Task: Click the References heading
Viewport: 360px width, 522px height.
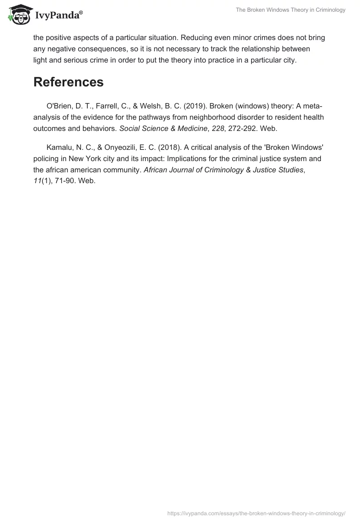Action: coord(68,82)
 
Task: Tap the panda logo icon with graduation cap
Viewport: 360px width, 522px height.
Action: coord(18,14)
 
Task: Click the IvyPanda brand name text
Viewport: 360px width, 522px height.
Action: coord(58,15)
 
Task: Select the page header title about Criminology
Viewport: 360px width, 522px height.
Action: coord(290,10)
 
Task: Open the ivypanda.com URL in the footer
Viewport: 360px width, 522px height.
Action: coord(256,513)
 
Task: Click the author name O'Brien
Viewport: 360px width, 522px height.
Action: coord(58,106)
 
